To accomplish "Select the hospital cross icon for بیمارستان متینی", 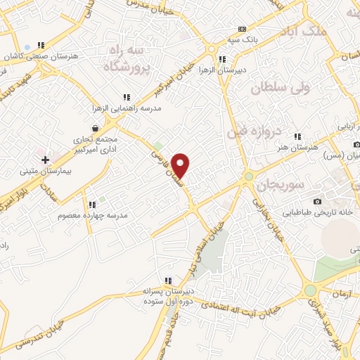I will click(x=46, y=160).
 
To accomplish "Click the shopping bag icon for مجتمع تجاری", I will click(x=94, y=129).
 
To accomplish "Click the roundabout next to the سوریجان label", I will click(x=248, y=176).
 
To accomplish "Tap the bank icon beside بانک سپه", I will click(x=242, y=29).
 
